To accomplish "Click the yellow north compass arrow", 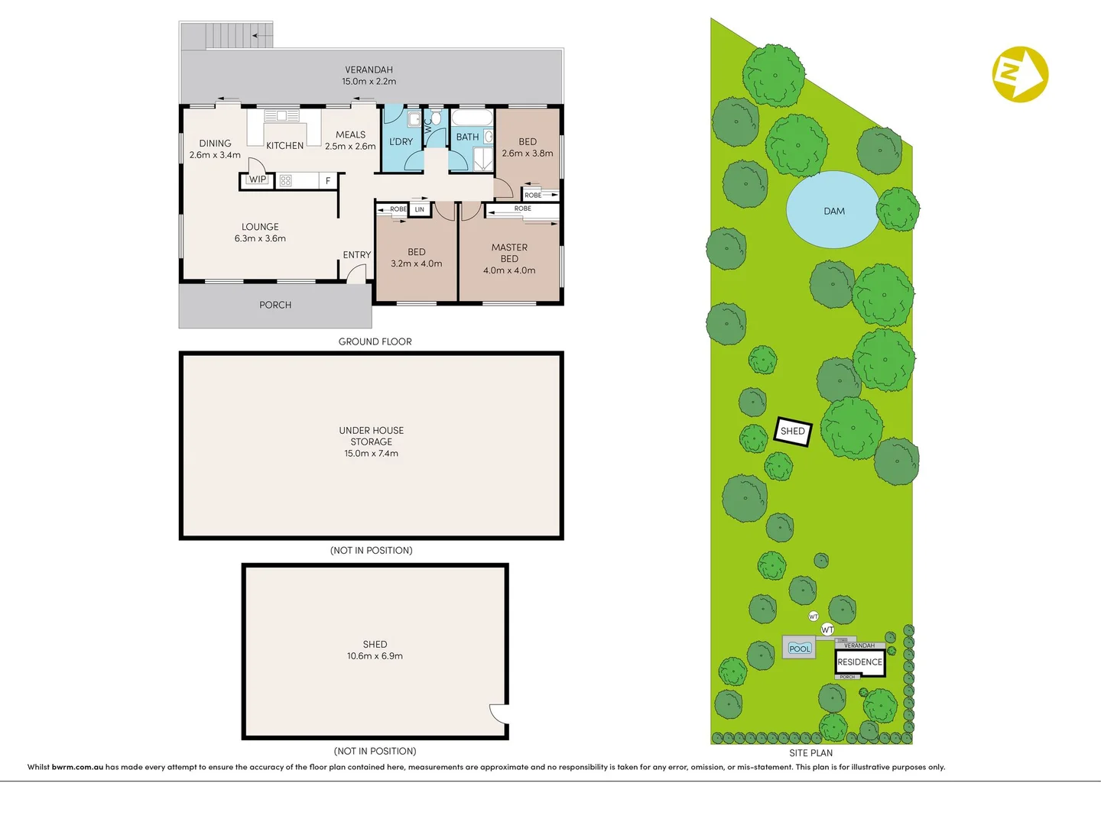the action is click(x=1020, y=74).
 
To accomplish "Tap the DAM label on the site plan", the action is click(x=834, y=212).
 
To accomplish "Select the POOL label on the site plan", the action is click(x=800, y=649).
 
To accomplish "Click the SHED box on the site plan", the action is click(x=793, y=432).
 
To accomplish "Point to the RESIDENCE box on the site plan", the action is click(x=859, y=662).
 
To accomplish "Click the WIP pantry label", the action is click(x=258, y=180).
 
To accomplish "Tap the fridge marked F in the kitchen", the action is click(x=328, y=181).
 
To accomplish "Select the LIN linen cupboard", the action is click(x=419, y=209).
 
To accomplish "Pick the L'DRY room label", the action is click(x=401, y=142).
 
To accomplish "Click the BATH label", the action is click(x=467, y=137).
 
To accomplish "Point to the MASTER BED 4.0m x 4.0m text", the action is click(x=509, y=259).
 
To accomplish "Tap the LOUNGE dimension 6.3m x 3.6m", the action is click(x=260, y=238).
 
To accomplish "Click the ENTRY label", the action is click(x=356, y=255).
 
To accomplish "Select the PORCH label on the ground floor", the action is click(x=275, y=305).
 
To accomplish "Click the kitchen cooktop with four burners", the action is click(x=285, y=181).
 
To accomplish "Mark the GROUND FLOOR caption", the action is click(x=375, y=341).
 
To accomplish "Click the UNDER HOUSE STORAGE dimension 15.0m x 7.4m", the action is click(x=371, y=453).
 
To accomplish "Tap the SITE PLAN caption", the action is click(x=810, y=753).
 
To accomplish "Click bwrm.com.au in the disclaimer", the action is click(x=77, y=767).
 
